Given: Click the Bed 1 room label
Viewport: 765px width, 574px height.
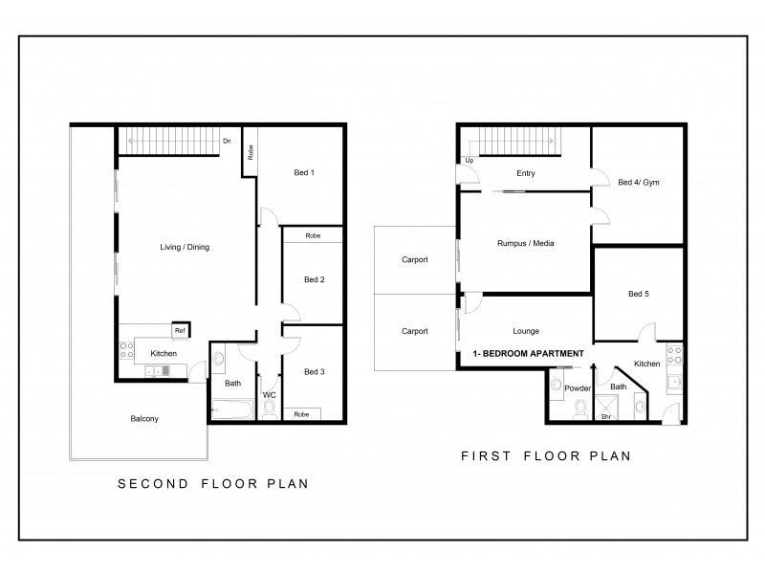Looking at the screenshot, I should click(x=303, y=172).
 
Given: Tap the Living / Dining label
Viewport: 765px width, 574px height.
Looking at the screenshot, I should click(x=185, y=248).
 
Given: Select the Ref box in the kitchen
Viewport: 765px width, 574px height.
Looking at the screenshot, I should click(x=179, y=331).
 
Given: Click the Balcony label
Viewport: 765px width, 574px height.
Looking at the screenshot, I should click(x=144, y=419).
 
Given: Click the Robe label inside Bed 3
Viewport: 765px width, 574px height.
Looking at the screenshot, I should click(x=302, y=414).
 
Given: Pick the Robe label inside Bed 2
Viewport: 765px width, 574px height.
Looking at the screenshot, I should click(x=313, y=235).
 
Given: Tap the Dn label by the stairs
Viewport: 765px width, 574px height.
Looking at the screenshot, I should click(x=227, y=143).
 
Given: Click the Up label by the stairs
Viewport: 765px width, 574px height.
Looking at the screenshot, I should click(x=470, y=161).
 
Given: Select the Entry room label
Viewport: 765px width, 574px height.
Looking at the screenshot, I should click(x=525, y=173).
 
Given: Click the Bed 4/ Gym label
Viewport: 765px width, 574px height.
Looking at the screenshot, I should click(x=637, y=182).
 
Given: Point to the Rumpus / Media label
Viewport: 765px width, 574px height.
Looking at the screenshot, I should click(x=527, y=243).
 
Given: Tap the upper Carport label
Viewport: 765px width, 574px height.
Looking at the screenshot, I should click(x=414, y=259).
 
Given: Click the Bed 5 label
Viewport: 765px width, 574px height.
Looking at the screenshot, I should click(x=639, y=294).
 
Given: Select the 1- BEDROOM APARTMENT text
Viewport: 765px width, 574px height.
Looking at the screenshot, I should click(x=528, y=355).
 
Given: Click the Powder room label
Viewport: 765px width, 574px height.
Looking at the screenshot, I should click(x=578, y=388).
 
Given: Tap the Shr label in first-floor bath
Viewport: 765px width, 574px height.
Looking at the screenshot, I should click(x=604, y=417).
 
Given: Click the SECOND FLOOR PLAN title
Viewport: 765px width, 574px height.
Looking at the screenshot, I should click(x=212, y=484).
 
